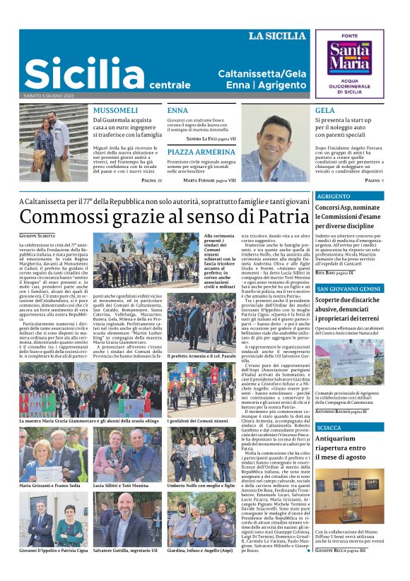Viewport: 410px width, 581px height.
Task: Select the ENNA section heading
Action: pyautogui.click(x=177, y=111)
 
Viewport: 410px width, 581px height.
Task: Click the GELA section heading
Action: pyautogui.click(x=325, y=111)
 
